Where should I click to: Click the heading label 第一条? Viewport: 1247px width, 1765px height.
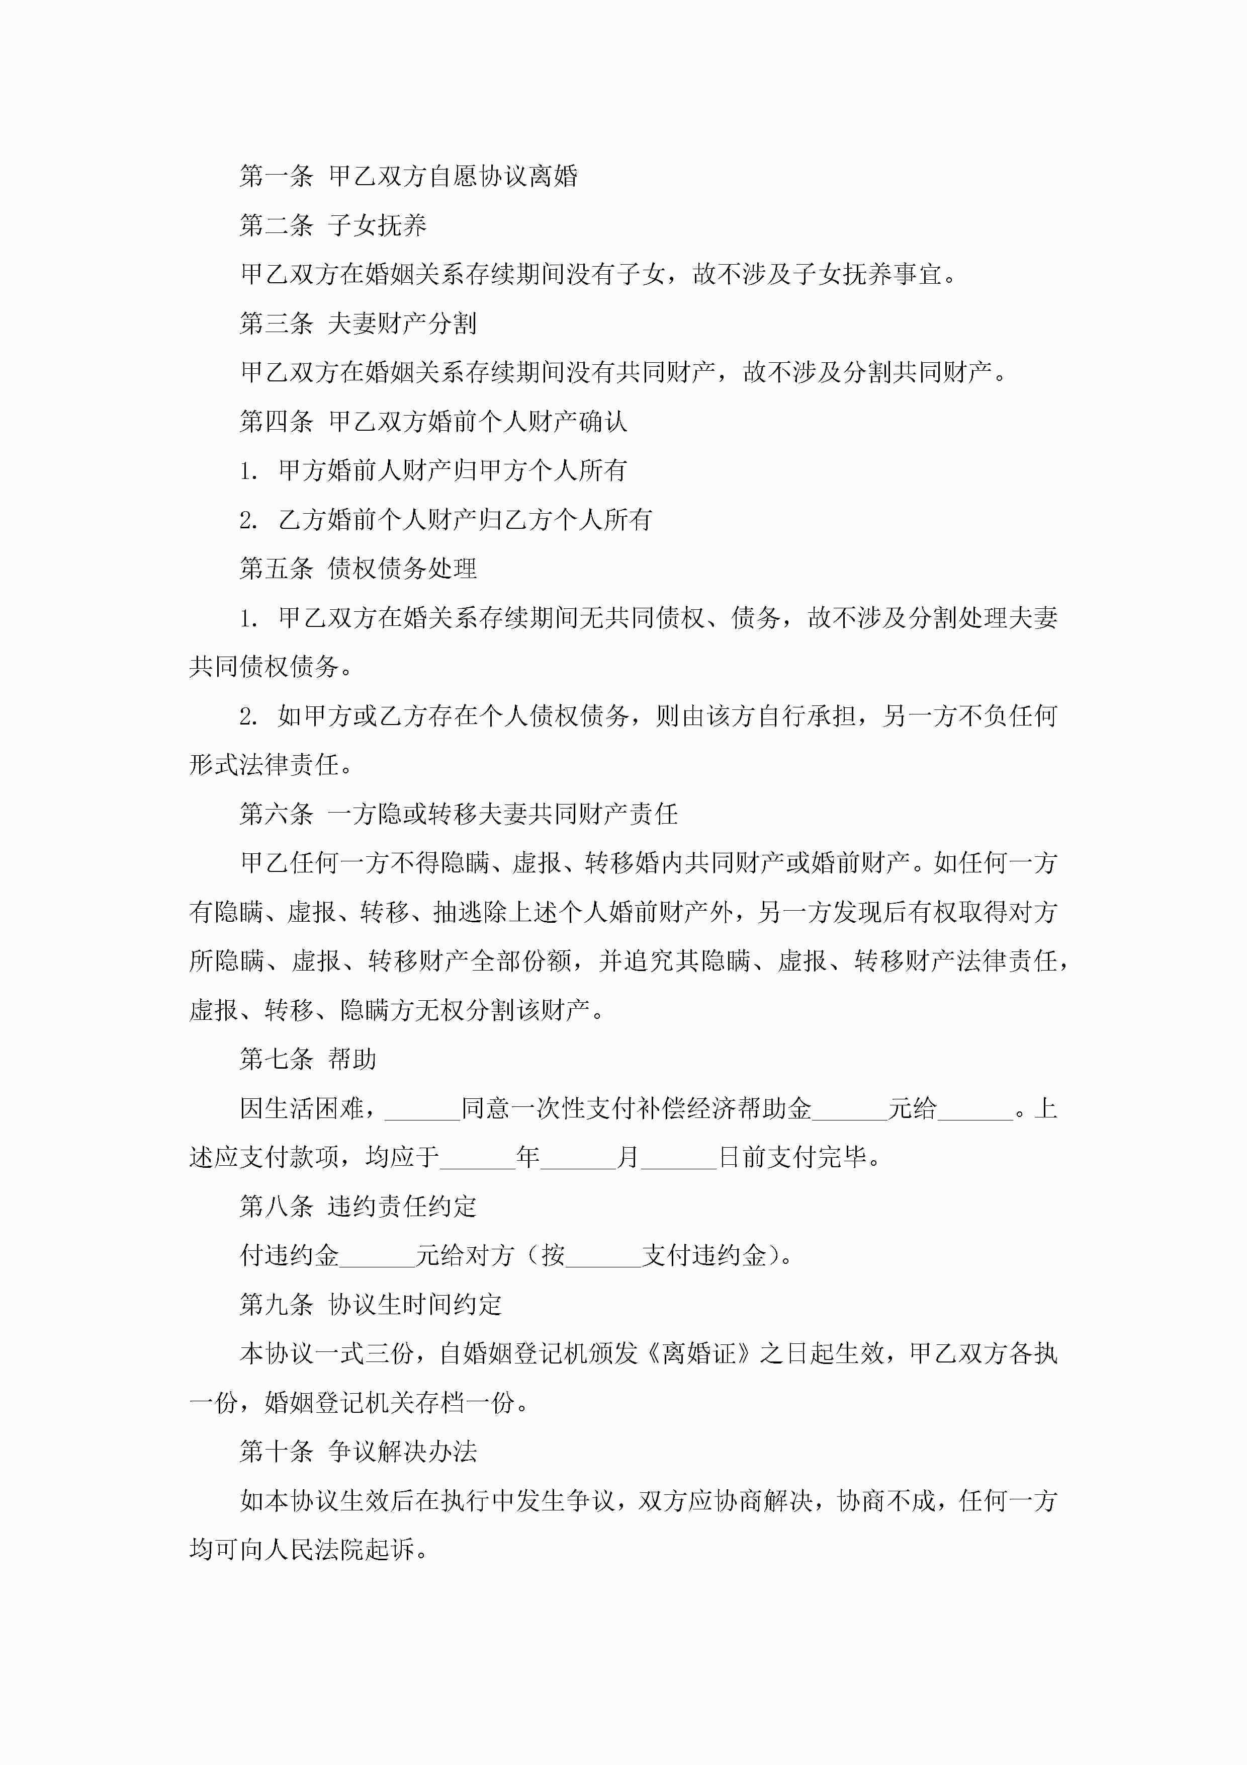point(276,177)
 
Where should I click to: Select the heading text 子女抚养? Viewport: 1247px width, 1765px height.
point(377,226)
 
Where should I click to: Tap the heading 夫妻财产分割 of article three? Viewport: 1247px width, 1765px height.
point(402,324)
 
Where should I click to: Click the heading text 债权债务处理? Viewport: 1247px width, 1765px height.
point(402,569)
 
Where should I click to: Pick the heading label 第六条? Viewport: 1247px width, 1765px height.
point(276,814)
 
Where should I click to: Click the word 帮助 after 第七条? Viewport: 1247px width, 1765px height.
point(352,1059)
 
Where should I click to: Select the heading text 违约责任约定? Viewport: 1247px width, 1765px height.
point(402,1206)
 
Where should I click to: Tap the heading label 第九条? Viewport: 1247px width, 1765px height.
point(276,1305)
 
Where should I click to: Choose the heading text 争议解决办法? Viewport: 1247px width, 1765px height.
point(402,1452)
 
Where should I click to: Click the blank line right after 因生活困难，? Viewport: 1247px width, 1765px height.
point(422,1110)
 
